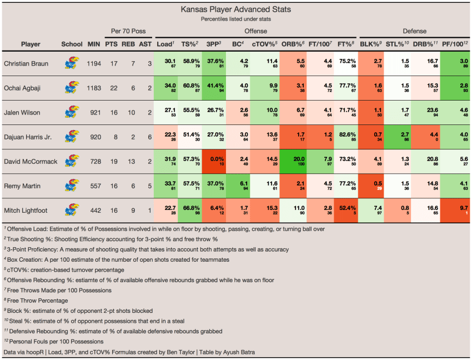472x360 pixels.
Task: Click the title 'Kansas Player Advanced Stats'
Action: click(235, 9)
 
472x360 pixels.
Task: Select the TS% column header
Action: click(192, 44)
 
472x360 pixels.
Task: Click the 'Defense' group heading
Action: click(414, 31)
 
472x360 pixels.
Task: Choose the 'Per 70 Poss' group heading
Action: click(128, 31)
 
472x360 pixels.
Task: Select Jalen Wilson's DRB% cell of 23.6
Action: click(428, 113)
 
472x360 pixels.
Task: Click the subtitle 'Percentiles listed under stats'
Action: click(235, 19)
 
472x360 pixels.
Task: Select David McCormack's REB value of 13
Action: click(129, 162)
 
